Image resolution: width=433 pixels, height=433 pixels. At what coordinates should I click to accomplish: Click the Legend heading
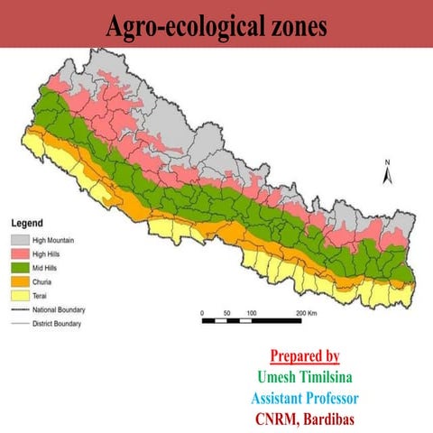tap(27, 223)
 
